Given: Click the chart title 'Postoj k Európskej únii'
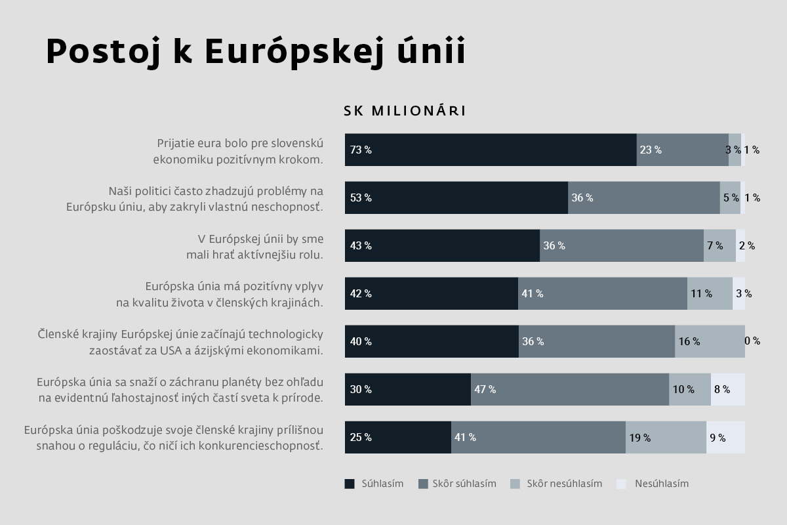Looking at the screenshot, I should coord(256,52).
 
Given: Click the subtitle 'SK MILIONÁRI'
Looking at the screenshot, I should coord(405,111).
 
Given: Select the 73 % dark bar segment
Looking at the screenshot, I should coord(491,150).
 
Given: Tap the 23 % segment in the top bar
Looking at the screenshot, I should coord(682,150).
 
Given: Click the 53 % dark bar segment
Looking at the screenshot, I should coord(456,198).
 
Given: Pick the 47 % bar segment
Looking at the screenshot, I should coord(569,389).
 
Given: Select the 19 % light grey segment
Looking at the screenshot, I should coord(666,437).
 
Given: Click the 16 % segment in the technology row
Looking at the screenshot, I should coord(710,341).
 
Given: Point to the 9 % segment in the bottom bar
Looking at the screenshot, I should coord(725,437).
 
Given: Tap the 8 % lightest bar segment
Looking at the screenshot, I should coord(728,389).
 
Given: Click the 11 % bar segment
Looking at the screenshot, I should coord(710,293).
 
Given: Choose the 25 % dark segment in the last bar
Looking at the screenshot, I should coord(398,437).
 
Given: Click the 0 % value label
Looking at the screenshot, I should coord(752,341).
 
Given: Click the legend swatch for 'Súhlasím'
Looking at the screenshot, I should coord(350,484).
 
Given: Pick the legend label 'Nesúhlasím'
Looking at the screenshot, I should coord(661,484).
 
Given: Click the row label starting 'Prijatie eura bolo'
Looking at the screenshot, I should coord(239,150).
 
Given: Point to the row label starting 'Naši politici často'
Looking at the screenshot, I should coord(195,198).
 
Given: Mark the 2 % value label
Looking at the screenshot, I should coord(747,246).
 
